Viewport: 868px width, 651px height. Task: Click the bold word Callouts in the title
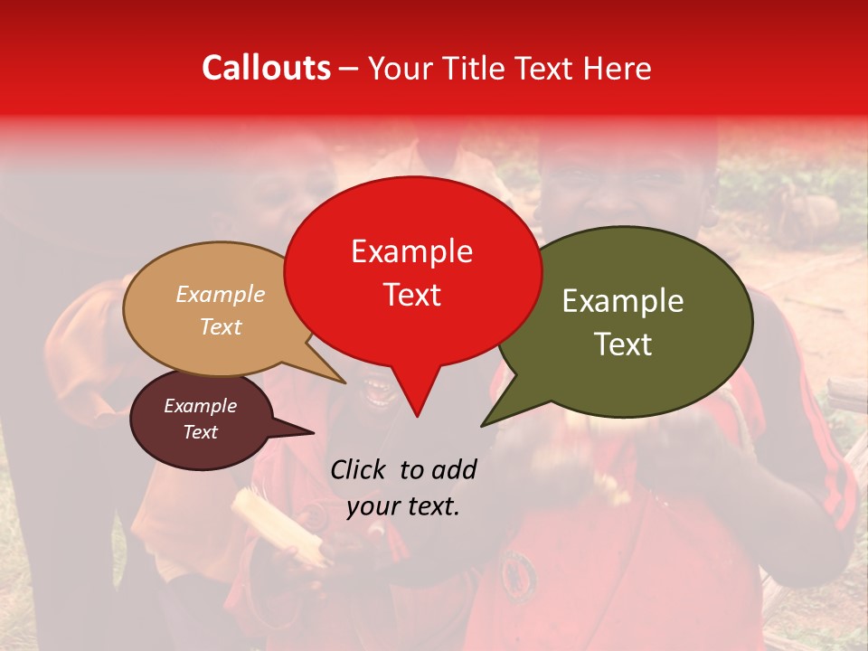tap(266, 68)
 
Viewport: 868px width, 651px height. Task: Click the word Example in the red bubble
tap(411, 251)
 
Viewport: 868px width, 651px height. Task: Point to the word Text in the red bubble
tap(411, 294)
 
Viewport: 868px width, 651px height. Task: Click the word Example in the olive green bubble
tap(623, 301)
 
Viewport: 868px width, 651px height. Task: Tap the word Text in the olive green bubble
tap(623, 344)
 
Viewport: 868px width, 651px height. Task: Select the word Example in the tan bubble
tap(221, 295)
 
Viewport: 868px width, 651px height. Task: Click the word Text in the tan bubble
tap(221, 326)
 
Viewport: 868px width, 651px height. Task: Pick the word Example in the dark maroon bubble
tap(201, 406)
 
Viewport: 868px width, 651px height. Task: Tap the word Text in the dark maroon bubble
tap(201, 432)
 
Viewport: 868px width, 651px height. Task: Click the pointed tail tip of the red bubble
tap(417, 416)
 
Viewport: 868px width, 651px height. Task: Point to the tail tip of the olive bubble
tap(483, 425)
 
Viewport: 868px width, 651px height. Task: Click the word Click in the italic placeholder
tap(359, 469)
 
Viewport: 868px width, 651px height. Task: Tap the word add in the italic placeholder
tap(454, 469)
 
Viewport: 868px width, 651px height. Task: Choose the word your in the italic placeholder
tap(373, 506)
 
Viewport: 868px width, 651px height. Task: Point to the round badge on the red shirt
tap(519, 571)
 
